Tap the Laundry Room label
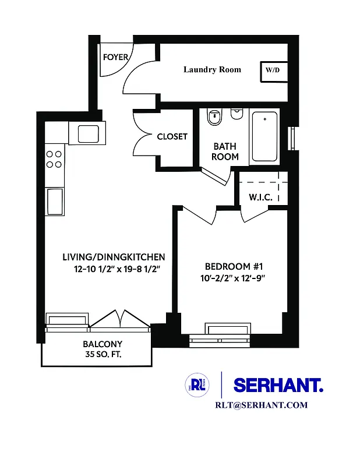click(212, 69)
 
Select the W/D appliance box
click(273, 70)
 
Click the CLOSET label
click(172, 136)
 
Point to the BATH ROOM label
click(225, 151)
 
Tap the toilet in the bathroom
click(214, 118)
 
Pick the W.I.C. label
click(260, 197)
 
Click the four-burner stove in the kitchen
click(54, 159)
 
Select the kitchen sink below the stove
click(54, 201)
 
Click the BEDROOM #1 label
click(231, 267)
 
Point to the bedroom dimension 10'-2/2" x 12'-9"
click(231, 278)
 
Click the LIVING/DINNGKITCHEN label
click(114, 257)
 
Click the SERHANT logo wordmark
click(278, 384)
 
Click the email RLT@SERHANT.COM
click(261, 405)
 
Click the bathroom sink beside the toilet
click(237, 115)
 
